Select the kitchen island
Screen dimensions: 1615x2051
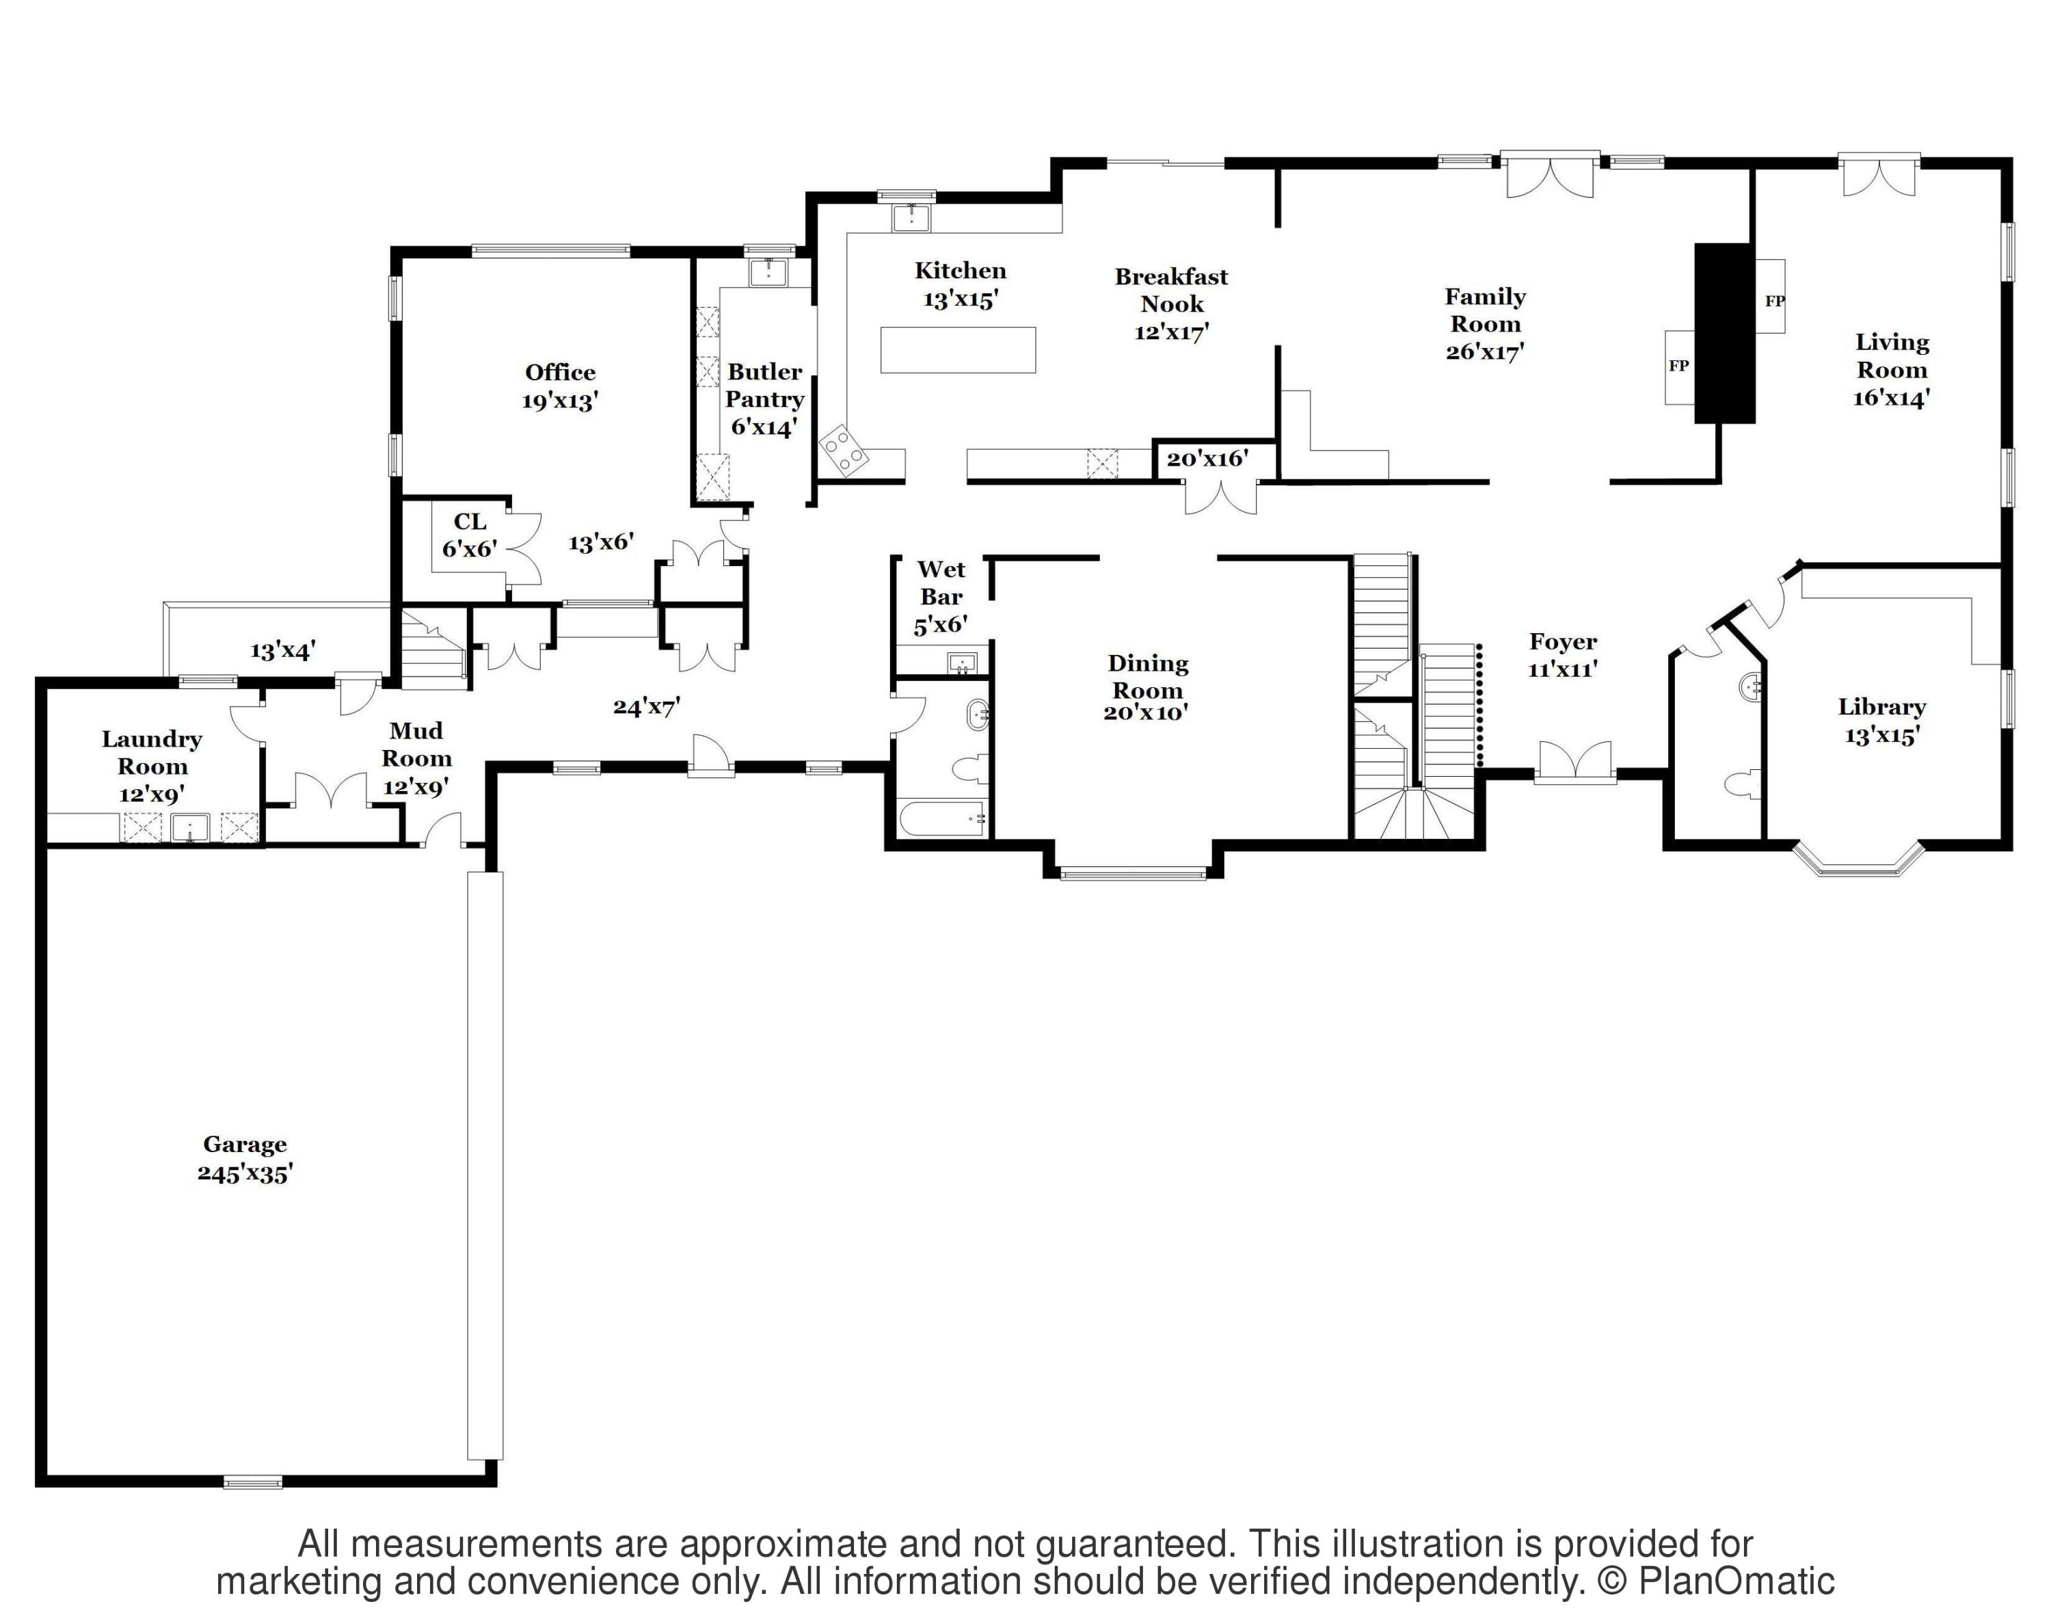[x=957, y=349]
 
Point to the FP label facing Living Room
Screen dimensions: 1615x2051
[x=1774, y=302]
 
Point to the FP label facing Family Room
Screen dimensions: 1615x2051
[x=1678, y=366]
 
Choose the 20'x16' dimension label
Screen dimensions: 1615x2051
[x=1207, y=459]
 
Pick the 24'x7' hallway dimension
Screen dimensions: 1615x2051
[x=647, y=706]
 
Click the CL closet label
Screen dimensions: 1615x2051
[x=470, y=522]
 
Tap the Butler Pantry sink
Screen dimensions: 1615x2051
[x=768, y=272]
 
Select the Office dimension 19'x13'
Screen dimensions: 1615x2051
[x=560, y=401]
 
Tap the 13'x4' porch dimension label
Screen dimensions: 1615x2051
[x=282, y=650]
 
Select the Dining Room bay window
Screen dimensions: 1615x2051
[x=1133, y=874]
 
